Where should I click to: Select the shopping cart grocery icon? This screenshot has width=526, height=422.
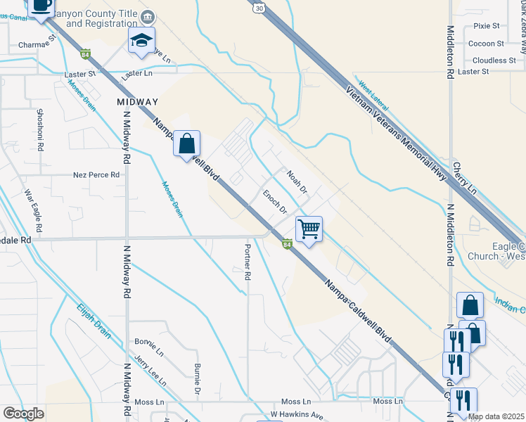click(309, 229)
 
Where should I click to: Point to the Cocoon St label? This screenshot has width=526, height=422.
click(483, 44)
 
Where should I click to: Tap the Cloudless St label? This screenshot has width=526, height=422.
click(494, 60)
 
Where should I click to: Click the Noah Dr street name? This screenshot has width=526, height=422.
click(297, 181)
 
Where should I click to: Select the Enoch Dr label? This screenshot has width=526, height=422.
click(275, 201)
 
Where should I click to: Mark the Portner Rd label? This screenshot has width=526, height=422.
click(248, 263)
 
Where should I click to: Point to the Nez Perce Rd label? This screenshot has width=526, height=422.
click(96, 174)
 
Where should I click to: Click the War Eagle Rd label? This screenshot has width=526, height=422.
click(34, 211)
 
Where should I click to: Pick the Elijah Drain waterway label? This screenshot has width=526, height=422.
click(94, 320)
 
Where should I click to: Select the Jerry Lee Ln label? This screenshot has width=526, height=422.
click(150, 371)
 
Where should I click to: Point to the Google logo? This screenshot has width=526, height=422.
click(24, 413)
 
